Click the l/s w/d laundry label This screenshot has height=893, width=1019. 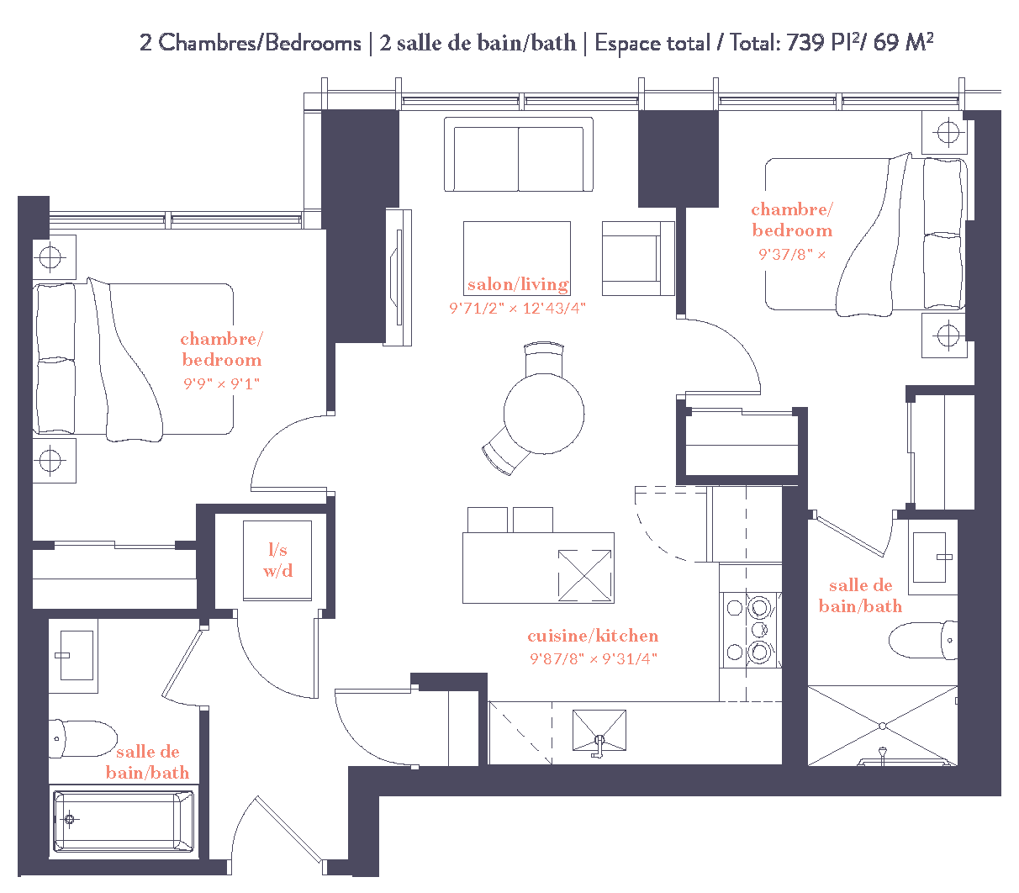point(277,560)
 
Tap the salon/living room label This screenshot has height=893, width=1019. point(518,284)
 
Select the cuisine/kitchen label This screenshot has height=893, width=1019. point(593,636)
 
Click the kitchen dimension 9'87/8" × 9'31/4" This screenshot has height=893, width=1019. point(593,658)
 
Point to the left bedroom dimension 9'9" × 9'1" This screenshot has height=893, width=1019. point(221,383)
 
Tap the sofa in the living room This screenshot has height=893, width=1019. point(518,156)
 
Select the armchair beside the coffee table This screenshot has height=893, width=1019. point(636,258)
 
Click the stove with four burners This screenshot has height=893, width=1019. point(750,629)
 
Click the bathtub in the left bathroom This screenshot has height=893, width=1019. point(123,821)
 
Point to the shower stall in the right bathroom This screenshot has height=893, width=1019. point(882,726)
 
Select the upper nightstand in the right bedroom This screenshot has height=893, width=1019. point(948,133)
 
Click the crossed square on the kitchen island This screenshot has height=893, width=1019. point(584,575)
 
